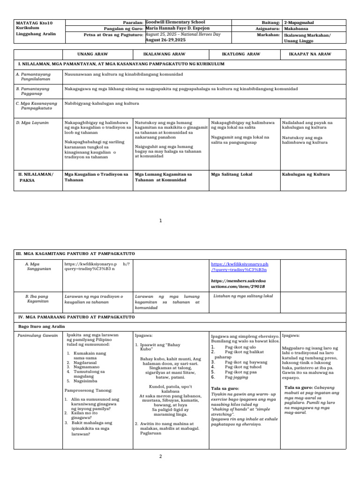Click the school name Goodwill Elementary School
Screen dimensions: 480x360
coord(175,22)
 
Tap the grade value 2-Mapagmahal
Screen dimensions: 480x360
coord(300,22)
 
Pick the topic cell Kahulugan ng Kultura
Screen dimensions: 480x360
coord(306,174)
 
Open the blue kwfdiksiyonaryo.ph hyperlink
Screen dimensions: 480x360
coord(240,267)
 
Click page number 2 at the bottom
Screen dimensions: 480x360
coord(160,456)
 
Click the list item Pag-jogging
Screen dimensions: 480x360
coord(237,377)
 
